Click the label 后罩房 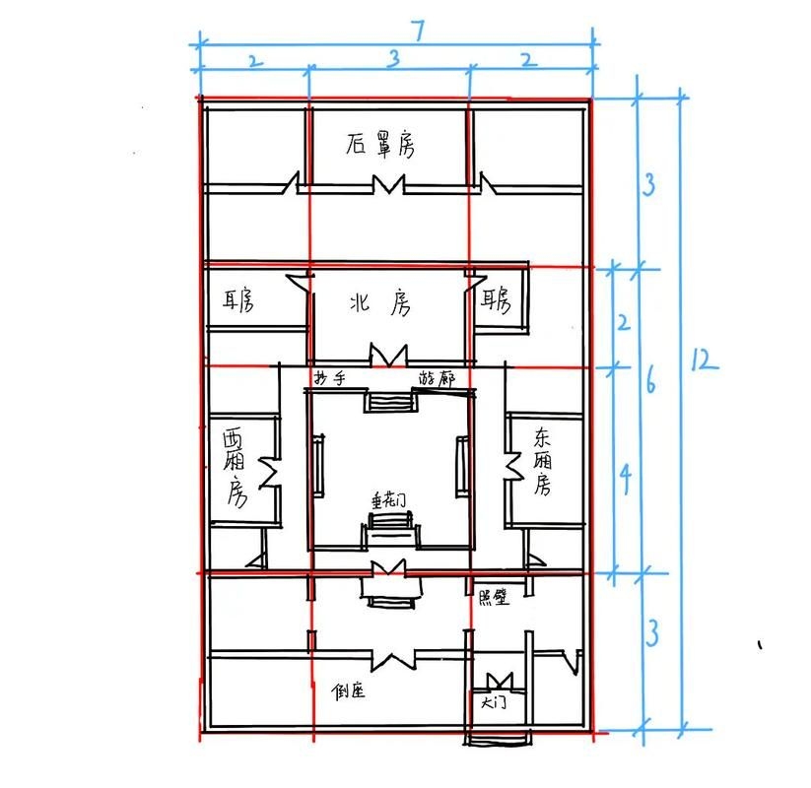coord(380,146)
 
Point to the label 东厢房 coord(542,460)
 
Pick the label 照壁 coord(491,598)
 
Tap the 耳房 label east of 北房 coord(495,300)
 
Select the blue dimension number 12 coord(702,361)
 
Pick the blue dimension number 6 coord(651,382)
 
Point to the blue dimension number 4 coord(622,479)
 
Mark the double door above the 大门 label coord(501,680)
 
